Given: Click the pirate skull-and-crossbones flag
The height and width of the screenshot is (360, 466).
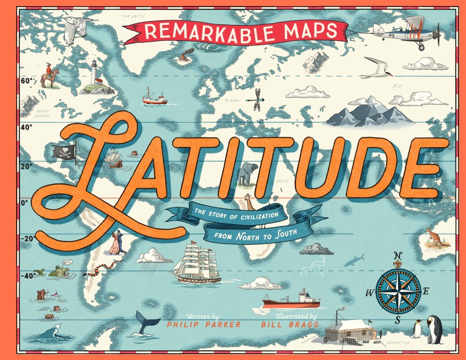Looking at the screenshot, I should (x=63, y=151).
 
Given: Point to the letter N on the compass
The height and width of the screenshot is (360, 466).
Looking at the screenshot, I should (x=398, y=255).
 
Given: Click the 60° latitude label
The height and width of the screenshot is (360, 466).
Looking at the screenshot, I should (x=27, y=81).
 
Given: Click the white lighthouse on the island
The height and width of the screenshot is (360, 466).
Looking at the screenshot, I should (x=94, y=74).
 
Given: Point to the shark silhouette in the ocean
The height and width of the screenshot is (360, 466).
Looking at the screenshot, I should (x=354, y=260).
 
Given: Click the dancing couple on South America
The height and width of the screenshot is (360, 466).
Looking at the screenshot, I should (x=118, y=243).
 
